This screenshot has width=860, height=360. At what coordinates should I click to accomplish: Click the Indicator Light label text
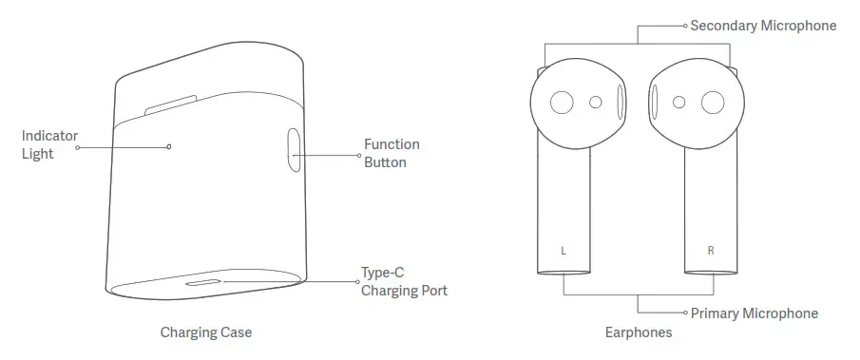click(x=49, y=144)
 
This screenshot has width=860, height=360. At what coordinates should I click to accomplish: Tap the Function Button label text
click(x=392, y=153)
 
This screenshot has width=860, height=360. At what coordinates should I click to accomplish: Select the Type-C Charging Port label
click(x=404, y=281)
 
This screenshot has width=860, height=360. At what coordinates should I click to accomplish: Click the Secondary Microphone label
click(x=763, y=26)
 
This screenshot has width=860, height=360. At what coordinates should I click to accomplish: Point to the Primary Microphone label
click(x=755, y=313)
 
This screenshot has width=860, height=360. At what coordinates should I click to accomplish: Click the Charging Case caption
click(x=206, y=333)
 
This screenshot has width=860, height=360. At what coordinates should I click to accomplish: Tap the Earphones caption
click(x=639, y=333)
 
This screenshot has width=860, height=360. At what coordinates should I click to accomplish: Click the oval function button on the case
click(x=294, y=150)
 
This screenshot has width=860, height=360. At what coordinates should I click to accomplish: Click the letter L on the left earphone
click(x=564, y=251)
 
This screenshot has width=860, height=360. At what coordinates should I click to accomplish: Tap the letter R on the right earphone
click(x=711, y=251)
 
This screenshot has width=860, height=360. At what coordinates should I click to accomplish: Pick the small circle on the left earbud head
click(x=596, y=102)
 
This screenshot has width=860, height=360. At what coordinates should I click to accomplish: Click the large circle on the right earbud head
click(x=711, y=103)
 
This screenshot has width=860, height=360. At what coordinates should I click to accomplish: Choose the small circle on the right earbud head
click(x=678, y=102)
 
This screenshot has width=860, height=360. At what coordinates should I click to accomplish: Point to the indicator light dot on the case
click(x=169, y=146)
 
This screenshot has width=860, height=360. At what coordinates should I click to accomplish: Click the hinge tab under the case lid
click(x=171, y=104)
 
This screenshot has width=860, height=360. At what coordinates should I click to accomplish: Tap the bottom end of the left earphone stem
click(x=564, y=272)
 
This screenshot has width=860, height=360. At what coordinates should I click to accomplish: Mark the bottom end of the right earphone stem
click(x=712, y=272)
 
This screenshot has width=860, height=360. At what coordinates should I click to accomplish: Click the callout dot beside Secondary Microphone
click(x=685, y=27)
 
